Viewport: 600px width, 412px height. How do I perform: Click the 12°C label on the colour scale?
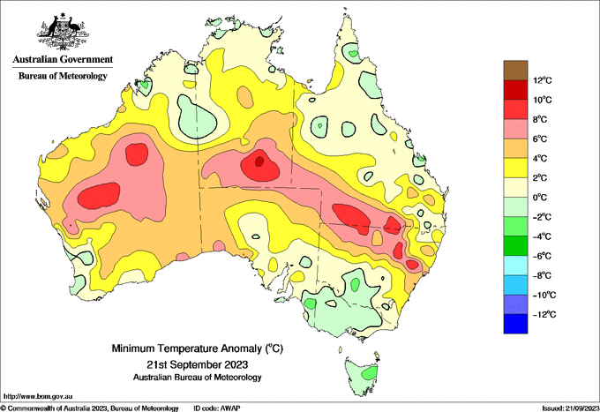[x=543, y=80]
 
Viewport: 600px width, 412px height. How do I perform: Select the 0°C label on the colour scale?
[x=540, y=198]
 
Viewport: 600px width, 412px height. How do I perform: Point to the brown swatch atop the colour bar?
[x=515, y=71]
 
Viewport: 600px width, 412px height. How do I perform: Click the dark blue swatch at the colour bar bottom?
[x=515, y=324]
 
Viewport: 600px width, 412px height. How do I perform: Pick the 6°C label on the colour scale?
[x=540, y=139]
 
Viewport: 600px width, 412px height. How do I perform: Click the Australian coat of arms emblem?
[x=63, y=32]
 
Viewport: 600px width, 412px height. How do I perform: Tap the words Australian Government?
[x=63, y=60]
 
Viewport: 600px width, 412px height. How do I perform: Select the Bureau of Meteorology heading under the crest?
[x=63, y=76]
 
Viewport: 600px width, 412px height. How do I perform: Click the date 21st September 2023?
[x=198, y=363]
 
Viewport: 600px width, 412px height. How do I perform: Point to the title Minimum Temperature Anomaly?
[x=187, y=348]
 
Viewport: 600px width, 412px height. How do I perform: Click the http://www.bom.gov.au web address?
[x=38, y=397]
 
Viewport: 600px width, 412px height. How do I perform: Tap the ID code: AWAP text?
[x=217, y=408]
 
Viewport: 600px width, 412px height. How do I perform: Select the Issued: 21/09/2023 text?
[x=570, y=408]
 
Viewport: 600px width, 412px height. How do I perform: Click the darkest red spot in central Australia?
[x=259, y=161]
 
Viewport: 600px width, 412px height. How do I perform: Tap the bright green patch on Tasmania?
[x=370, y=373]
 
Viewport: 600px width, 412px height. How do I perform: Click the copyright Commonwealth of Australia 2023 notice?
[x=90, y=408]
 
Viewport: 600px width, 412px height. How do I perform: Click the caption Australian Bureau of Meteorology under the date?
[x=198, y=378]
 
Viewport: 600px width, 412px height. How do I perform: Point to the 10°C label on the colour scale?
[x=543, y=100]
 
